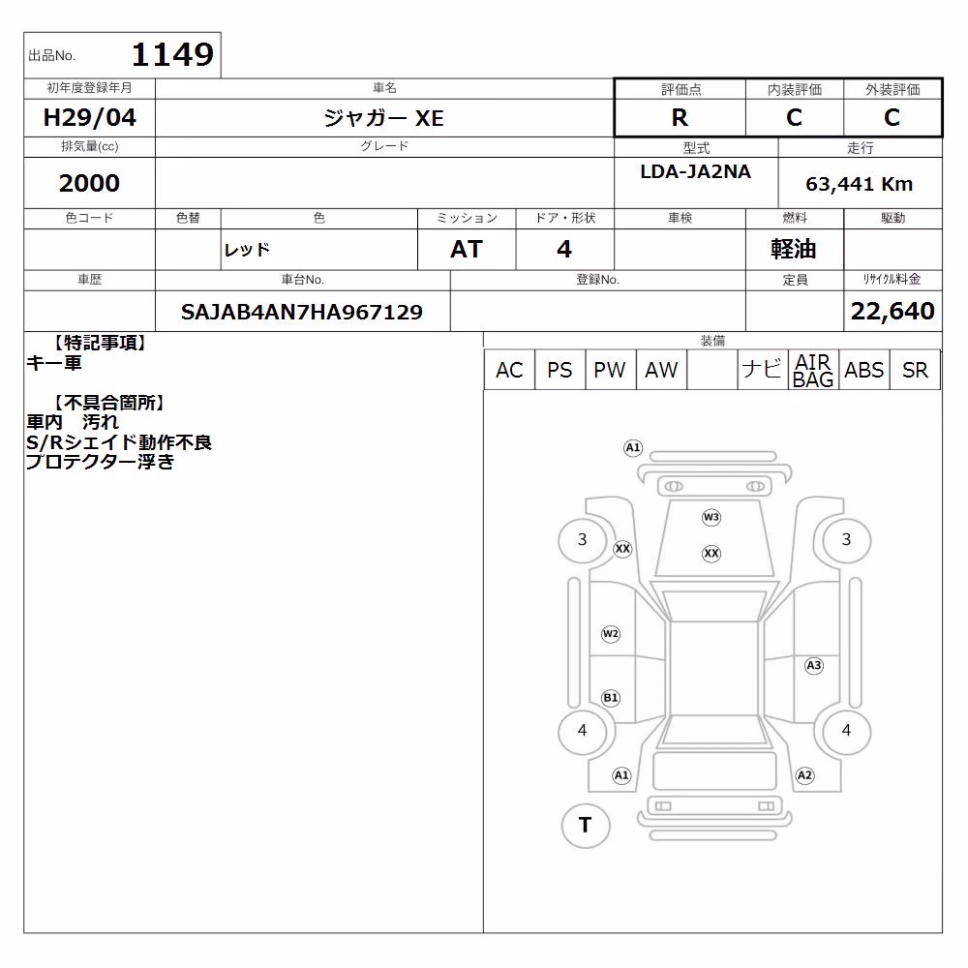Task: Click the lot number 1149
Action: click(172, 54)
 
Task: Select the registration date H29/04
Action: click(89, 117)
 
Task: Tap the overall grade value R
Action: click(680, 117)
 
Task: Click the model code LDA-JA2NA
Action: click(696, 171)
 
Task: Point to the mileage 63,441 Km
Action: click(859, 183)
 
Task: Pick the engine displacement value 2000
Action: click(89, 183)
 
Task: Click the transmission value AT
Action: click(467, 249)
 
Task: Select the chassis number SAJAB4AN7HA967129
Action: click(302, 312)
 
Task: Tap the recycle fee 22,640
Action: click(892, 311)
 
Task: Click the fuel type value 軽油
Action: click(794, 249)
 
